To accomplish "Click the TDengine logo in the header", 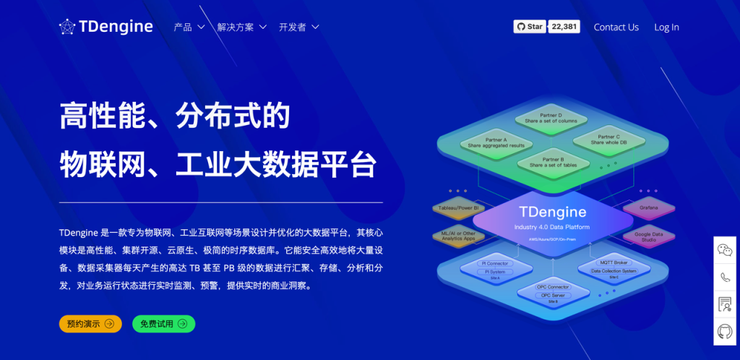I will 106,27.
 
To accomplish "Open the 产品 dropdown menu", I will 189,27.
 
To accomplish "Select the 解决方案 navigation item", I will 241,27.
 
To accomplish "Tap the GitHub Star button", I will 529,27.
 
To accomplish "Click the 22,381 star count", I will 564,27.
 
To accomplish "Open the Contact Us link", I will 616,27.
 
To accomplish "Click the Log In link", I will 666,27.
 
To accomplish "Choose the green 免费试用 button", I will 163,324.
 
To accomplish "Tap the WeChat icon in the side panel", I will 725,250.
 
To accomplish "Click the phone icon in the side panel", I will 725,277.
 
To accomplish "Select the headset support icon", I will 725,331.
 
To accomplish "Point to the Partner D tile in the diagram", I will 551,118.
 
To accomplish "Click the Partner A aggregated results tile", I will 496,142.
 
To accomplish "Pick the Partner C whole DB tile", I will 608,140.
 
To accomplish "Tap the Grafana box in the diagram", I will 648,208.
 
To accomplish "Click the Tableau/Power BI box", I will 457,208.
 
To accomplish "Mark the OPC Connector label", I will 552,288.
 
